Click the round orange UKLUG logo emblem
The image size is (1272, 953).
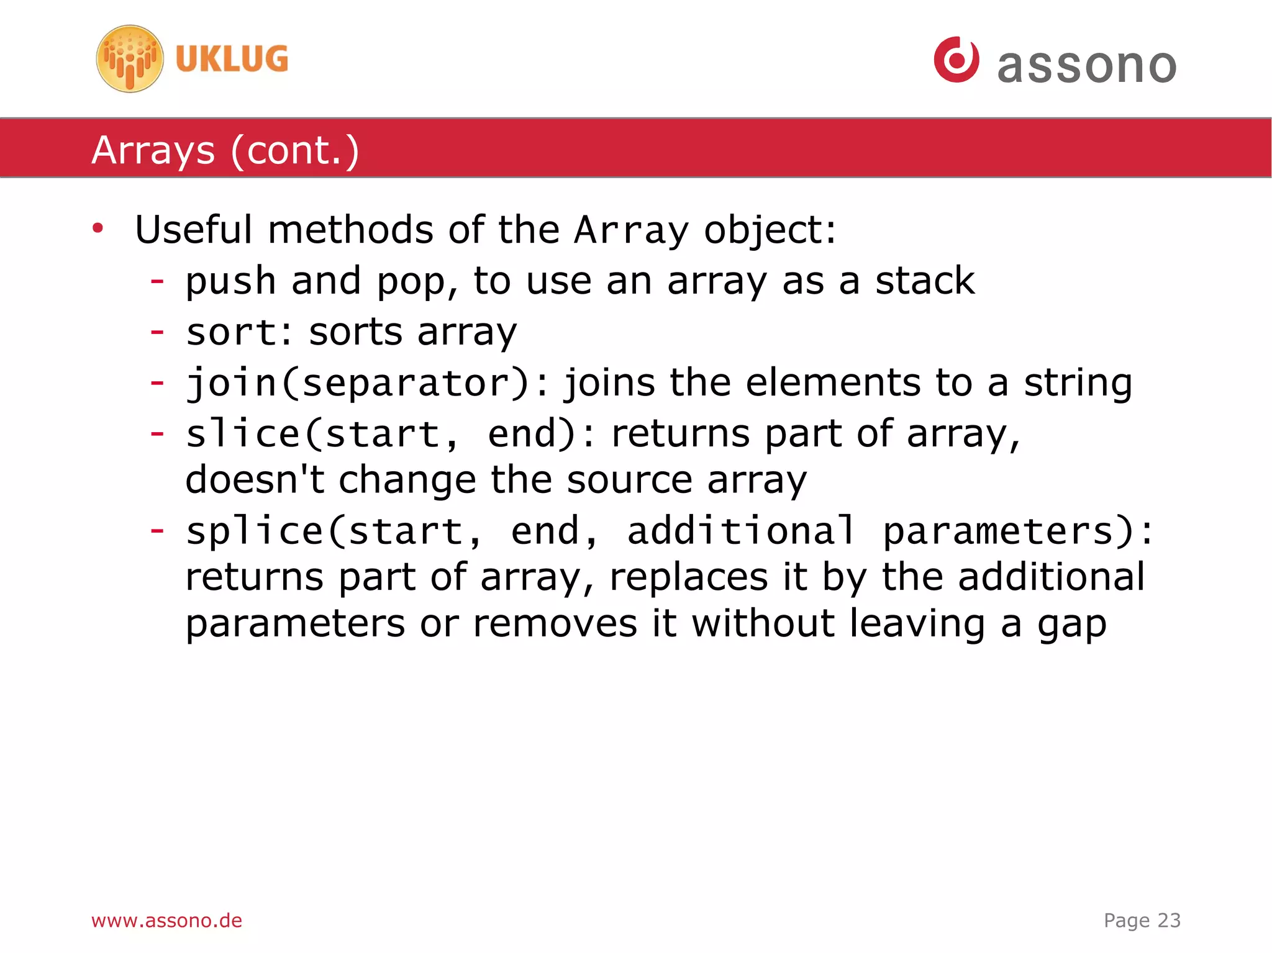(x=130, y=59)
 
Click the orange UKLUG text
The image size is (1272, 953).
(x=232, y=59)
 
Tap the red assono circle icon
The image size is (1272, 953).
(x=956, y=60)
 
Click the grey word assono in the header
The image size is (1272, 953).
(x=1086, y=65)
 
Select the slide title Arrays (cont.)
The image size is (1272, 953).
(x=225, y=150)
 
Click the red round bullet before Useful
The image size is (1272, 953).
(x=98, y=228)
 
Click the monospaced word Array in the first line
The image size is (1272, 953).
(x=631, y=231)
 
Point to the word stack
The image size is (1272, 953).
(x=925, y=281)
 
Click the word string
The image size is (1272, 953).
(x=1078, y=383)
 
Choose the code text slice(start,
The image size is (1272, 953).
(x=322, y=433)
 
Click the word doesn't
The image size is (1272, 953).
(x=255, y=480)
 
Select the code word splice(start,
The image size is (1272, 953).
(x=334, y=531)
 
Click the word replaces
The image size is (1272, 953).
(x=688, y=578)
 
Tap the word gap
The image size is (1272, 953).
(x=1071, y=625)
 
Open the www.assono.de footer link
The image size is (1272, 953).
(x=166, y=920)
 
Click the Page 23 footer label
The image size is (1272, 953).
(x=1142, y=920)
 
